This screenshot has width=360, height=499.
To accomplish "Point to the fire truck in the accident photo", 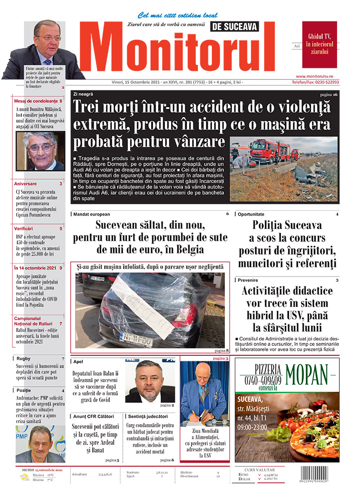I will pos(267,150).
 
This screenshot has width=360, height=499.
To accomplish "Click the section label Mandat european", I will pos(91,214).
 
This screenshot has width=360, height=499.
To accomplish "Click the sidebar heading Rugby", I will pos(23,359).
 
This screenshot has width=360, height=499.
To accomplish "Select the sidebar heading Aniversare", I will pos(25,184).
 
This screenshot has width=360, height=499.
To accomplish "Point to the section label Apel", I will pos(77,361).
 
